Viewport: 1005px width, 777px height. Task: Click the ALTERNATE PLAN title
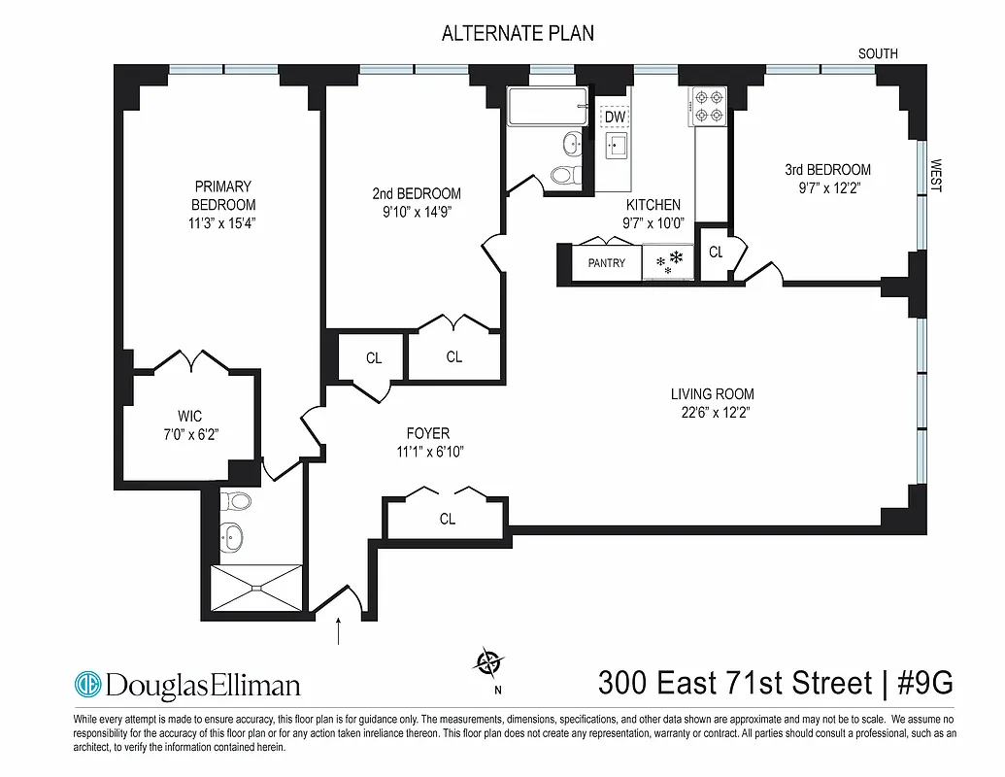[518, 33]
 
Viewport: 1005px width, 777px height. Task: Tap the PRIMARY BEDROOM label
[223, 195]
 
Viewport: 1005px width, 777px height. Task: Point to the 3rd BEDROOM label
[827, 169]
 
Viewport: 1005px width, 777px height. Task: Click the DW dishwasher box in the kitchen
[614, 118]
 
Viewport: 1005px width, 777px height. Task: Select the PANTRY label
[607, 263]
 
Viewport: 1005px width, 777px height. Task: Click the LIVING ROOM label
[712, 394]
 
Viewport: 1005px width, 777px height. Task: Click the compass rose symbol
[489, 663]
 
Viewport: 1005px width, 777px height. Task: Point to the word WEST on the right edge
[936, 176]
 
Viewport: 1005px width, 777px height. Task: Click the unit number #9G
[921, 683]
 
